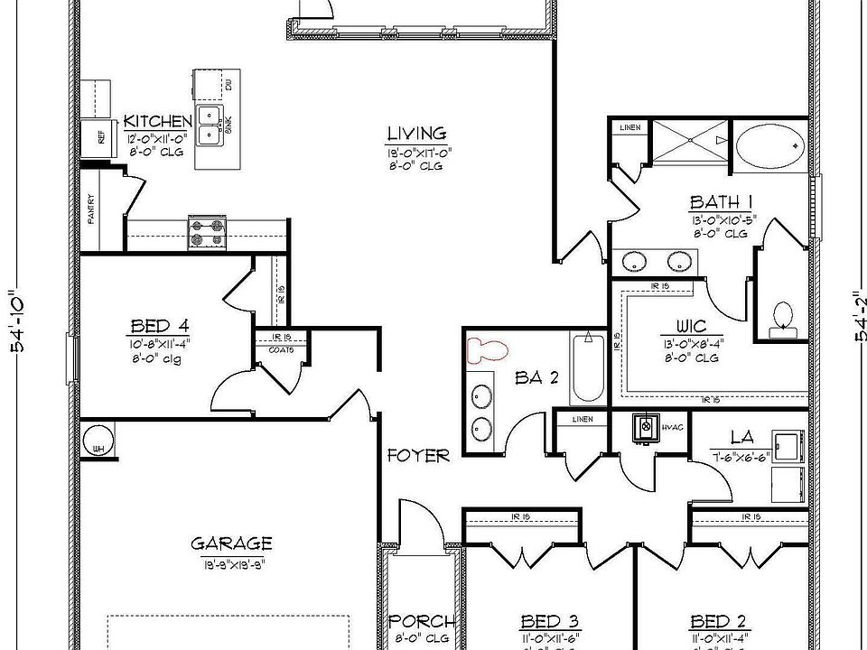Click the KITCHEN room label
(158, 122)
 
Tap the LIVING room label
(417, 134)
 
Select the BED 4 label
(159, 326)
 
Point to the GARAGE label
(231, 543)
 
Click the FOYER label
(418, 456)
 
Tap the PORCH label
(422, 622)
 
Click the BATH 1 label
(722, 202)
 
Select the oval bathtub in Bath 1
(770, 143)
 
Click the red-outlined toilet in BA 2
(489, 349)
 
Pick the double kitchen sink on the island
(210, 125)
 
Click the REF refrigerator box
(97, 138)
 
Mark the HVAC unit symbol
(646, 426)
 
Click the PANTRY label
(91, 209)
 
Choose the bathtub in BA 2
(588, 369)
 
